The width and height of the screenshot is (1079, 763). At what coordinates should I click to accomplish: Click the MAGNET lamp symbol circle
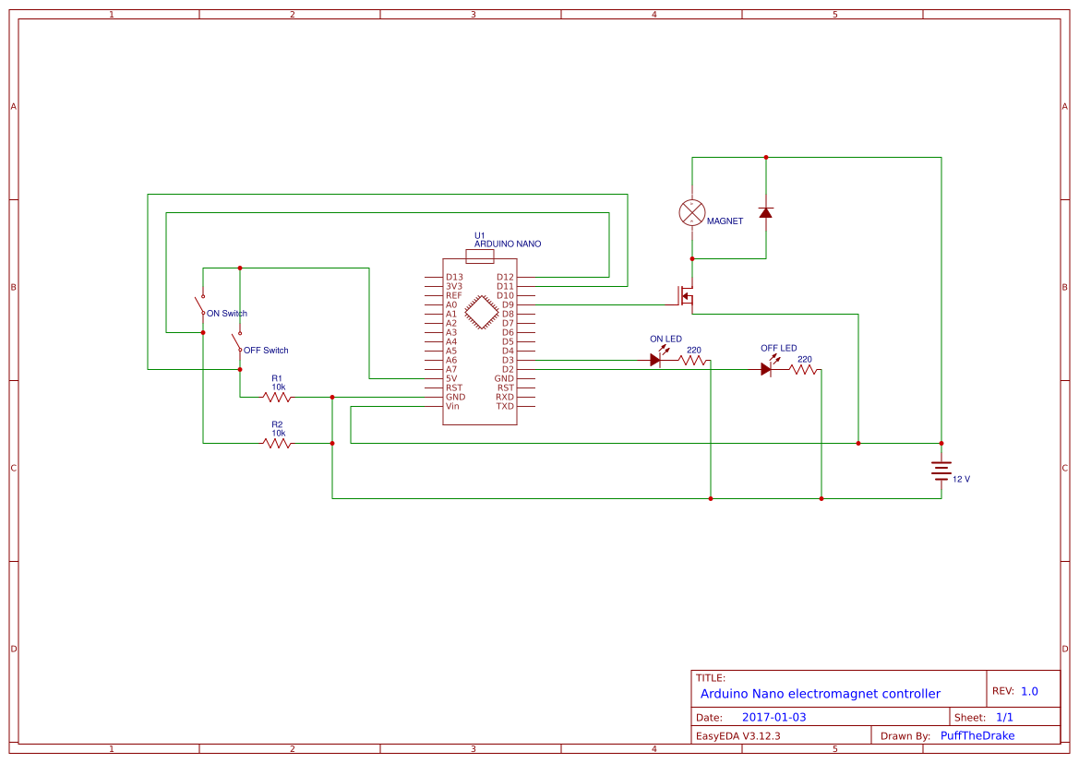click(x=691, y=212)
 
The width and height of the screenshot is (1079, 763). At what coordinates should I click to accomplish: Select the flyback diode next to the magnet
click(x=765, y=212)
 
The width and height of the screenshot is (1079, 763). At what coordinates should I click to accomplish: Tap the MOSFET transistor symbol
click(x=686, y=295)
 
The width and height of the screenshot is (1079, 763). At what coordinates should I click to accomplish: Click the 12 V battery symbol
click(x=941, y=471)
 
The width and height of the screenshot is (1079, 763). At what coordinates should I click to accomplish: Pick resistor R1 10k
click(x=277, y=397)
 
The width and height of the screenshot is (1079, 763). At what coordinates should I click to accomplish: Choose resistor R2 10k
click(x=277, y=443)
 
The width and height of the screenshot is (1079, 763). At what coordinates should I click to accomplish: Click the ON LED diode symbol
click(x=655, y=360)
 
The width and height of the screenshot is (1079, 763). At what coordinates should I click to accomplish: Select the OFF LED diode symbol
click(x=766, y=369)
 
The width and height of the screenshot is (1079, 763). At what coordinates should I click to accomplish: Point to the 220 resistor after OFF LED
click(x=804, y=369)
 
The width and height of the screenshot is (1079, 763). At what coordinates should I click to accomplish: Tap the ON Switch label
click(x=226, y=314)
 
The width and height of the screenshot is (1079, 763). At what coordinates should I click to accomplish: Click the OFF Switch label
click(x=265, y=351)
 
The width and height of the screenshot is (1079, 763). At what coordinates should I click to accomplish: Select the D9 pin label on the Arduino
click(x=508, y=304)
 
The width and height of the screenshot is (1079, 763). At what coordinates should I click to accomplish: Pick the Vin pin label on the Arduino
click(x=452, y=406)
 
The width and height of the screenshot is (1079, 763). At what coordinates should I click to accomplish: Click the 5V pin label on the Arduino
click(x=451, y=378)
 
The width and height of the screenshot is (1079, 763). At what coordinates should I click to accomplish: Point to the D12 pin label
click(x=505, y=277)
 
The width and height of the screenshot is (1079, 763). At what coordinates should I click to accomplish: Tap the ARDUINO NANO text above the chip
click(x=508, y=244)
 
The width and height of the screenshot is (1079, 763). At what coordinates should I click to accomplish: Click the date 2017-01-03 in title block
click(x=773, y=717)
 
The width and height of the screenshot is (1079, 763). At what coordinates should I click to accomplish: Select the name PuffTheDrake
click(x=977, y=735)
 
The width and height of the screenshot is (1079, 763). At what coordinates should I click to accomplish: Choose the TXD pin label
click(x=505, y=406)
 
